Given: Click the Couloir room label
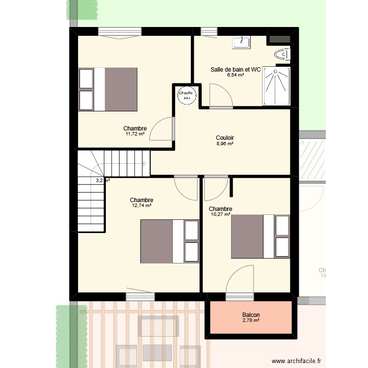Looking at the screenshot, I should [x=225, y=138].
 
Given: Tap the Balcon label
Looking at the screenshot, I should [x=251, y=315].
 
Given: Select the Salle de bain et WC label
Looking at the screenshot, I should [x=236, y=70].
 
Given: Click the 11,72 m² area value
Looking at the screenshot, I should [x=135, y=134].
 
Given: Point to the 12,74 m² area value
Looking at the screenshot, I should [x=141, y=206].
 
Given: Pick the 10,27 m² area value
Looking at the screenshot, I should [x=220, y=214].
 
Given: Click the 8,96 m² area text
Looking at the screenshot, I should [x=225, y=144].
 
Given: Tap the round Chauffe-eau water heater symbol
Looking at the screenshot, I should [x=186, y=94].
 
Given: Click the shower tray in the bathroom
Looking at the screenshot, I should [x=277, y=86].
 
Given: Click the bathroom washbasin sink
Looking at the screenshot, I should [x=241, y=42].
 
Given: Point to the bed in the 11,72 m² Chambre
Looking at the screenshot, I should [x=107, y=89].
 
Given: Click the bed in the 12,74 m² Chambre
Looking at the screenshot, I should [x=170, y=241].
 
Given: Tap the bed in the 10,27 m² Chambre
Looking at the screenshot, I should [x=260, y=236].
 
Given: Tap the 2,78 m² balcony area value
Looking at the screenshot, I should [x=251, y=321].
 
